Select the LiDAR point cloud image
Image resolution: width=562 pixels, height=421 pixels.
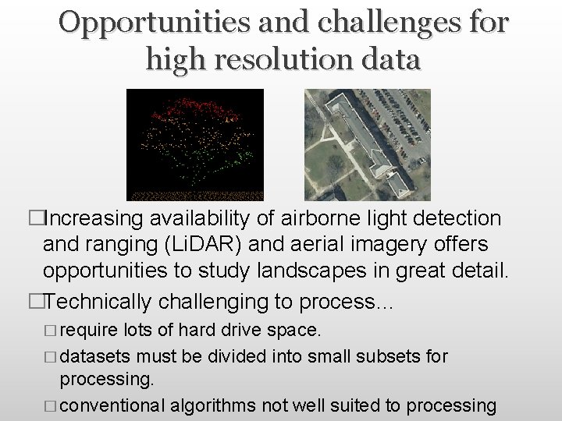point(195,145)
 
